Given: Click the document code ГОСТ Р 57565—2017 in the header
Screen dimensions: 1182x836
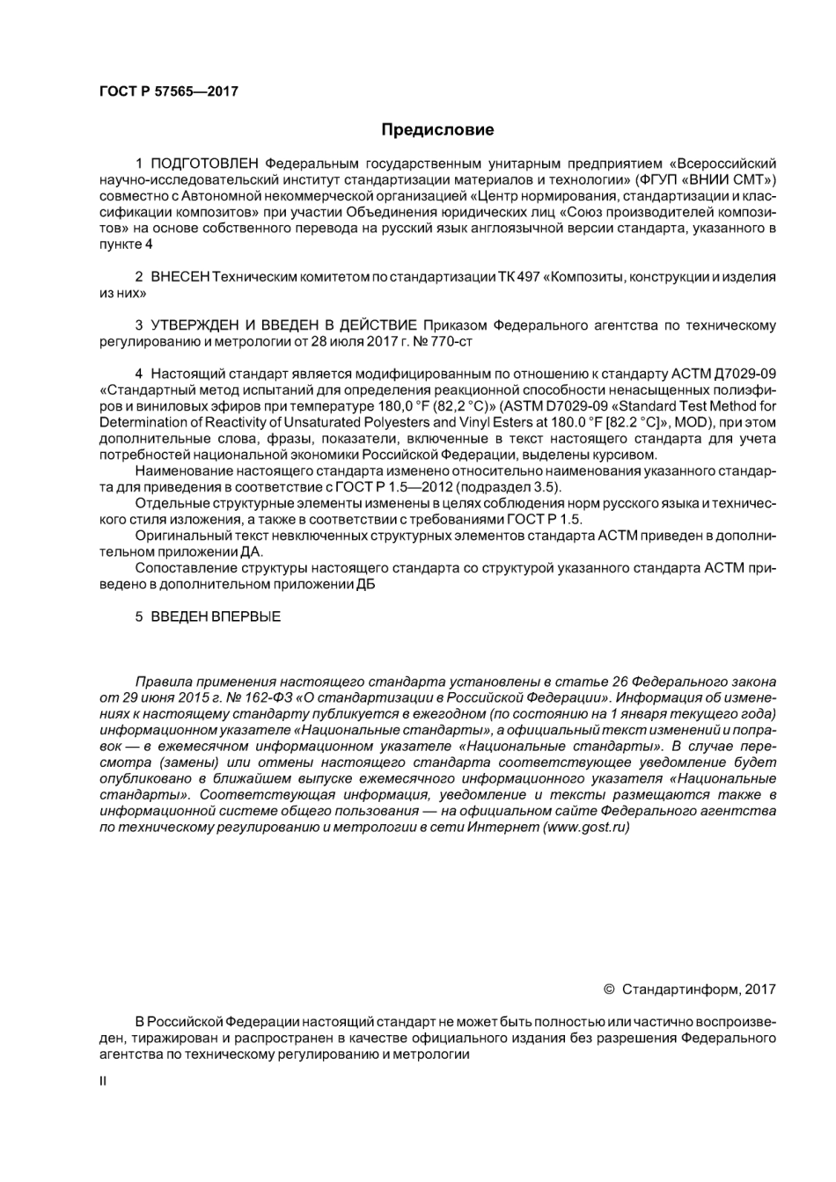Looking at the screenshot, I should tap(168, 91).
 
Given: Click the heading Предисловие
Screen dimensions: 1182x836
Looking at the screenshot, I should tap(437, 130).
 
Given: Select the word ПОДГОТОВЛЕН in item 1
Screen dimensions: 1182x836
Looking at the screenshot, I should tap(205, 164).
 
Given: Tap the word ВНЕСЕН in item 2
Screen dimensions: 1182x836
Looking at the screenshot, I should tap(180, 277).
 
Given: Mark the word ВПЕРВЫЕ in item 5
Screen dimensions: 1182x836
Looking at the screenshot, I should tap(246, 617).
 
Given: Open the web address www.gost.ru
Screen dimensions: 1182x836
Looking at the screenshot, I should tap(587, 828).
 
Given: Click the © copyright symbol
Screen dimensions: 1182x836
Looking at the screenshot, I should tap(609, 989).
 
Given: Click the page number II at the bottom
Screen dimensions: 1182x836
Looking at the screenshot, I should tap(103, 1080).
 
